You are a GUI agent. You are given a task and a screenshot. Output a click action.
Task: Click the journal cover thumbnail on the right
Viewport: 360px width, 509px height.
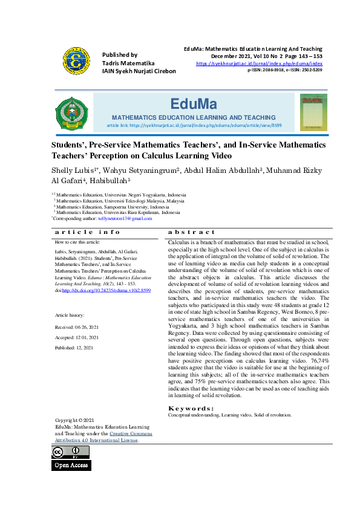pyautogui.click(x=313, y=112)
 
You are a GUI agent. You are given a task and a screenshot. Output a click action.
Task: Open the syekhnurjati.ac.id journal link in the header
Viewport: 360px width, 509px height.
pyautogui.click(x=259, y=63)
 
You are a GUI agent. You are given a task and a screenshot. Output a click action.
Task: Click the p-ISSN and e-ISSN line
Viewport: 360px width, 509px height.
pyautogui.click(x=284, y=70)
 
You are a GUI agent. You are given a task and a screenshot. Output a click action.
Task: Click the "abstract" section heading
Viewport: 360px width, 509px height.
pyautogui.click(x=191, y=232)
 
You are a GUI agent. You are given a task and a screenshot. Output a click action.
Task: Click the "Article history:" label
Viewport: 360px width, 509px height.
pyautogui.click(x=70, y=316)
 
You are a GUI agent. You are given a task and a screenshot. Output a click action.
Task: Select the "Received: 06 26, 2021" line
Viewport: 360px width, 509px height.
pyautogui.click(x=77, y=326)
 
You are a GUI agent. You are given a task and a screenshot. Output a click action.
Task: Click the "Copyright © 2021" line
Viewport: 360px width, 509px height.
pyautogui.click(x=74, y=420)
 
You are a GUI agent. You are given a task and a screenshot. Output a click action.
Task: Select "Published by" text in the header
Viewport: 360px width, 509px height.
pyautogui.click(x=120, y=54)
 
